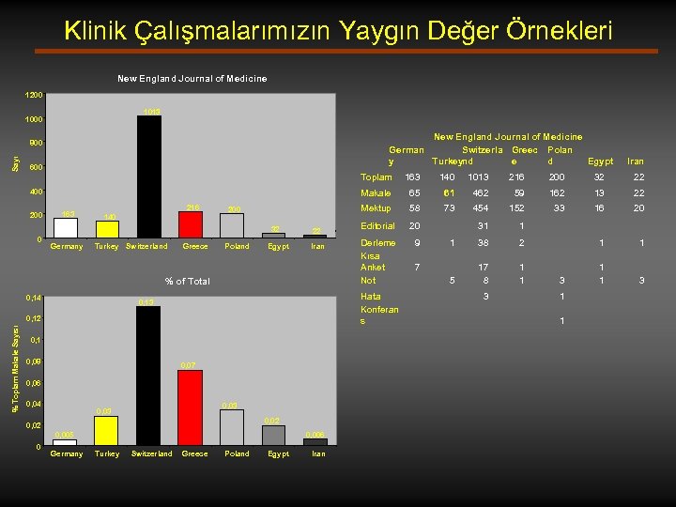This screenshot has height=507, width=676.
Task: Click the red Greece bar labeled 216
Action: (191, 224)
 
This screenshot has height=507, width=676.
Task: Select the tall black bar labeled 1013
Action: (148, 177)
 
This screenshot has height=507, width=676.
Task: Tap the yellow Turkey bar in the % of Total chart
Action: (105, 430)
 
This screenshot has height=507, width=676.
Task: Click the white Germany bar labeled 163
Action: (66, 228)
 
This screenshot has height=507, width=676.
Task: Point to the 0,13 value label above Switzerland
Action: (146, 302)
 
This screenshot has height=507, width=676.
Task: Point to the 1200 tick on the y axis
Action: (33, 96)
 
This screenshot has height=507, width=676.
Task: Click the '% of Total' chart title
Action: (187, 281)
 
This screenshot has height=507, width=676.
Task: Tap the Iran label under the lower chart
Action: (318, 453)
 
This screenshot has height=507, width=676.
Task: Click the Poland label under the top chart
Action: (237, 246)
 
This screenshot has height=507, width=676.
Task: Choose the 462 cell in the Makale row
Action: (480, 192)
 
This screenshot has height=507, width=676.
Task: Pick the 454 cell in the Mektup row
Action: (480, 208)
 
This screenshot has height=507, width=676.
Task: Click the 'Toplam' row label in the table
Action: (376, 177)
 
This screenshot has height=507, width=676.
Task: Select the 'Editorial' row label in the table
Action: (379, 226)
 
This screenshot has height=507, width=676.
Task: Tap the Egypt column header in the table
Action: (599, 161)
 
